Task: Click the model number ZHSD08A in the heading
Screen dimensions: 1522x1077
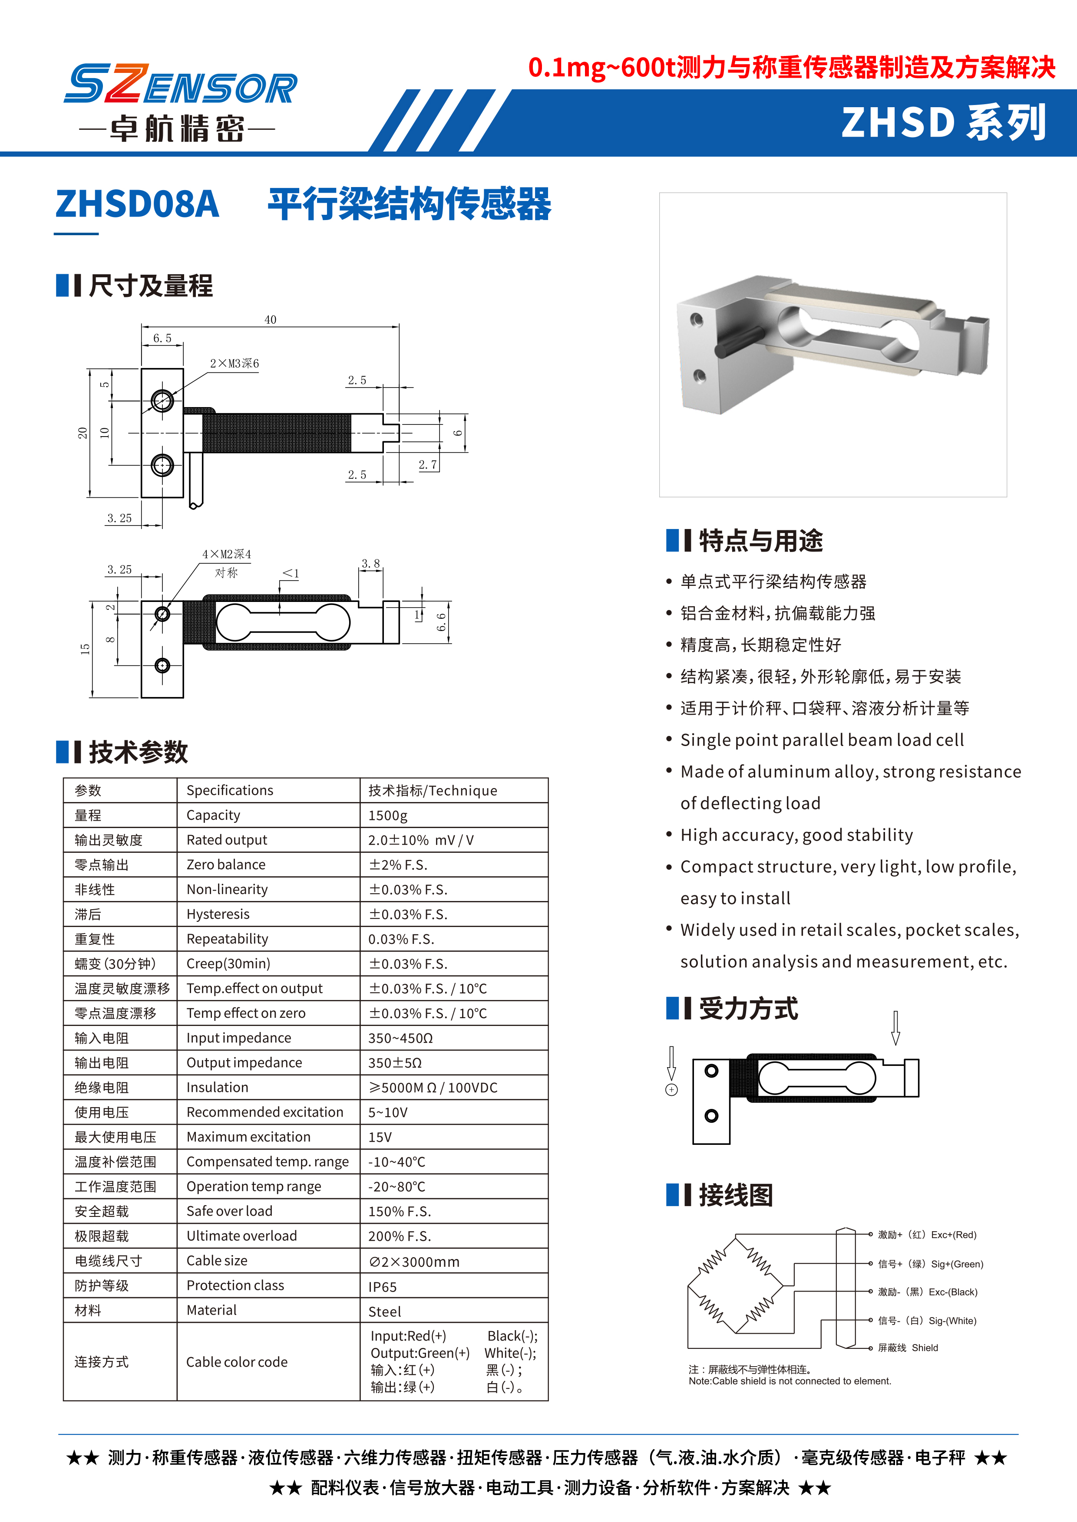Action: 137,204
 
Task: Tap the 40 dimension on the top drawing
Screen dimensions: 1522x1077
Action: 270,319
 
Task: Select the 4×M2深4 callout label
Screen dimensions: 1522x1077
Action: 227,554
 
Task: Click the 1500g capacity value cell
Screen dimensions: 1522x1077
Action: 388,815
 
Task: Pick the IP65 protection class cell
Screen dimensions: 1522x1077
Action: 383,1287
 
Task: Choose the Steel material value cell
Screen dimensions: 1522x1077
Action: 385,1311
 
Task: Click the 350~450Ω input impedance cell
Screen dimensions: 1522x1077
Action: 400,1038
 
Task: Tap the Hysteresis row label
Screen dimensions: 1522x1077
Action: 218,914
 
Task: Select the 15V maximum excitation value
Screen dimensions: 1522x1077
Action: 380,1137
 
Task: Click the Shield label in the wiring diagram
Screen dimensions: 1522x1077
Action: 925,1348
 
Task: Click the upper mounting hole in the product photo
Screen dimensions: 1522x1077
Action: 696,319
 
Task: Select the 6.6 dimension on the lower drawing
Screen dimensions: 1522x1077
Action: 441,622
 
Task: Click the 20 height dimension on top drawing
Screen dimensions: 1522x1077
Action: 82,433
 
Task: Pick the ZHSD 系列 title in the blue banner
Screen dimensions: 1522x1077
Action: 943,123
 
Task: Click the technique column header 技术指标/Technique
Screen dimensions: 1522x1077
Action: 433,790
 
